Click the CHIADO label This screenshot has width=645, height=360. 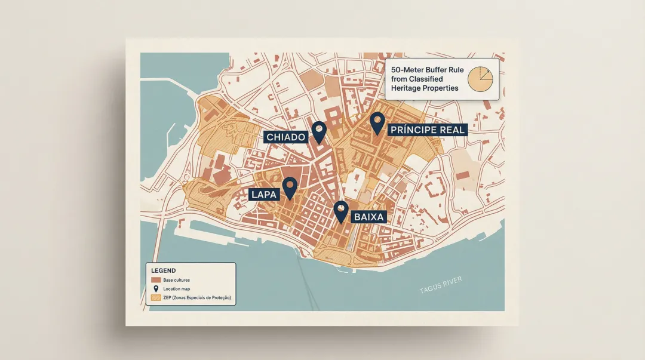pos(285,137)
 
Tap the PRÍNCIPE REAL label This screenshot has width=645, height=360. pos(426,130)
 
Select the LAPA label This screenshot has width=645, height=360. pos(263,194)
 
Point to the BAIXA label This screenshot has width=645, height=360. pos(368,217)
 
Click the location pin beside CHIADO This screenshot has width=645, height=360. pos(320,132)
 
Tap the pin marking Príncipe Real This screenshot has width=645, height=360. pos(376,122)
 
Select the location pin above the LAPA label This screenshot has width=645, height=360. pos(290,187)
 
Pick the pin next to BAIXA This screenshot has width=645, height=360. pos(341,211)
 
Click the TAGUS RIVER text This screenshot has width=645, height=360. pos(441,285)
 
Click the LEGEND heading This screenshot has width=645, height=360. pos(164,270)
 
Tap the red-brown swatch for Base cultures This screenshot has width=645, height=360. pos(156,280)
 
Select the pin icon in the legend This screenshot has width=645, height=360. pos(156,289)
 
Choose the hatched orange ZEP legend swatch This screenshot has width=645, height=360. pos(156,297)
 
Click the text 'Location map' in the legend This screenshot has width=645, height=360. pos(177,289)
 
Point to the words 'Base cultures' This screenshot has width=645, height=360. pos(177,280)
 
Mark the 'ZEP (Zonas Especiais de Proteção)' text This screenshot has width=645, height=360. pos(196,297)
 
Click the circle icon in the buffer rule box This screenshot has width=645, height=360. pos(481,79)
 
